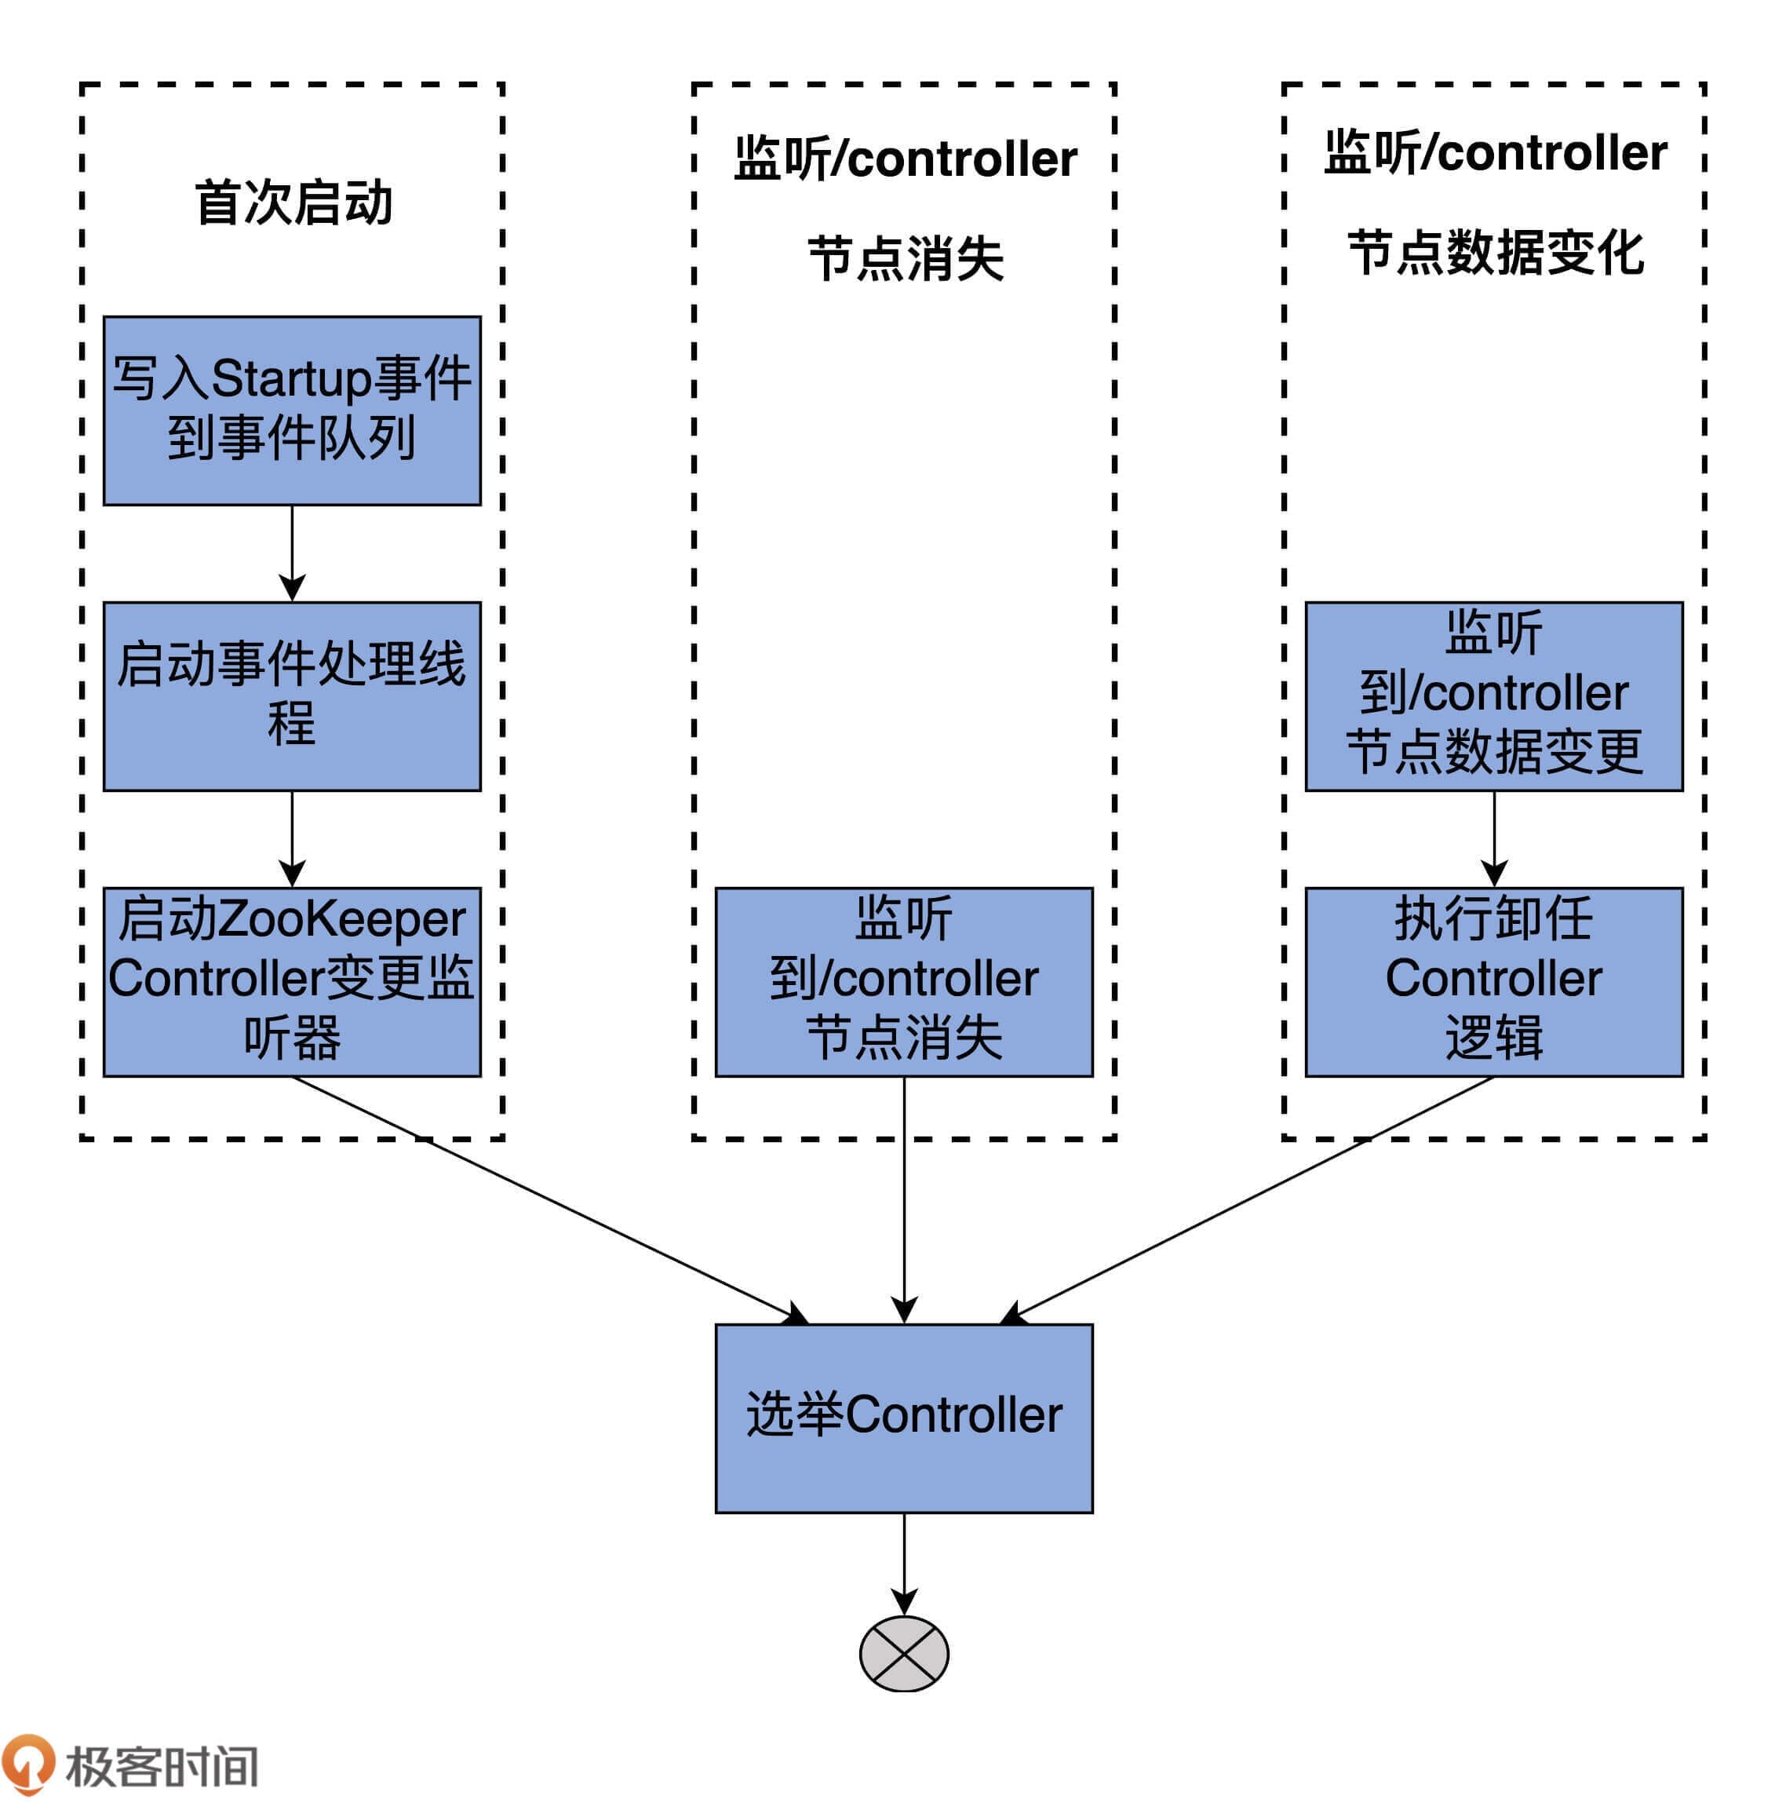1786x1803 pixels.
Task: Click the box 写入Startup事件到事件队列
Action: [292, 411]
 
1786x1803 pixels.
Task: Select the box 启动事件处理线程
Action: [292, 696]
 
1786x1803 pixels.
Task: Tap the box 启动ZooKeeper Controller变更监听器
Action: [292, 982]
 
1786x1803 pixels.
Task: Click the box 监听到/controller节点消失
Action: [903, 982]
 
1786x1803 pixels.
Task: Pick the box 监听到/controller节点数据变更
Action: [1493, 696]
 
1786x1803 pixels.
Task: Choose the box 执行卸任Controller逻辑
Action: [1493, 982]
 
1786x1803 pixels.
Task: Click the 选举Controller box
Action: [903, 1418]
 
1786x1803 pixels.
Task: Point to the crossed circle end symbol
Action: [903, 1653]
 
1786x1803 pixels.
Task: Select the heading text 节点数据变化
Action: [1495, 253]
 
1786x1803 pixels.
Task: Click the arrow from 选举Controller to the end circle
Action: [903, 1563]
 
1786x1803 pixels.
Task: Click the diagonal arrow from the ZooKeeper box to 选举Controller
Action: [551, 1199]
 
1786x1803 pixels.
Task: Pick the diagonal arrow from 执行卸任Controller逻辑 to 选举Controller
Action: [1250, 1199]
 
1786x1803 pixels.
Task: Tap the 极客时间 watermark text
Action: [162, 1765]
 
